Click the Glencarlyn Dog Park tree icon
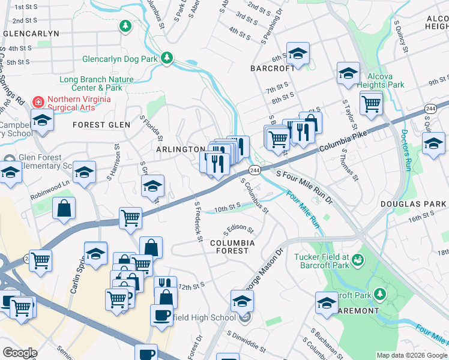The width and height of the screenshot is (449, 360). click(x=167, y=59)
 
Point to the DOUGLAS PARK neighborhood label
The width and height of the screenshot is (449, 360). click(x=414, y=204)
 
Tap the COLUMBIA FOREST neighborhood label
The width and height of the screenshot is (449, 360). click(x=232, y=247)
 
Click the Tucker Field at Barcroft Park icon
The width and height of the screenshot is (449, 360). click(x=358, y=260)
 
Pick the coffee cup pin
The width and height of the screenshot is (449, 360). click(x=161, y=314)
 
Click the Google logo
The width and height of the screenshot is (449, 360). click(x=20, y=352)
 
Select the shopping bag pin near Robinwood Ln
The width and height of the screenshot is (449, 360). click(x=64, y=209)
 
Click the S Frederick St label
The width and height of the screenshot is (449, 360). click(x=197, y=221)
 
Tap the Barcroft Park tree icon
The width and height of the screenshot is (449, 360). click(x=379, y=294)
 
